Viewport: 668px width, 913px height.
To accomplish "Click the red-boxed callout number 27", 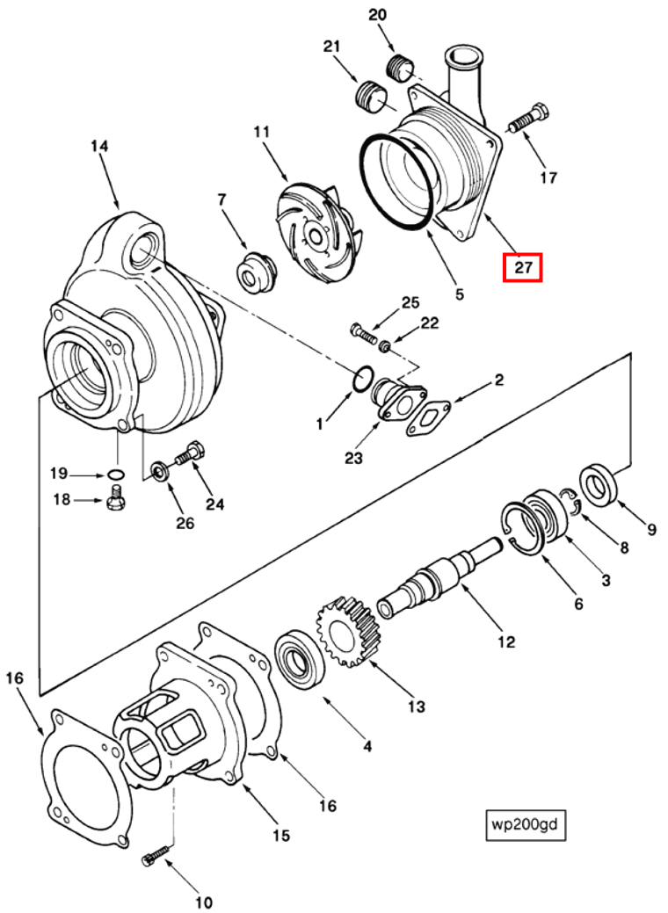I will point(523,268).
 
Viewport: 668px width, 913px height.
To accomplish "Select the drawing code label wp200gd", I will point(526,825).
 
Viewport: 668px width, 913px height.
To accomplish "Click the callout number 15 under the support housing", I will point(280,835).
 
